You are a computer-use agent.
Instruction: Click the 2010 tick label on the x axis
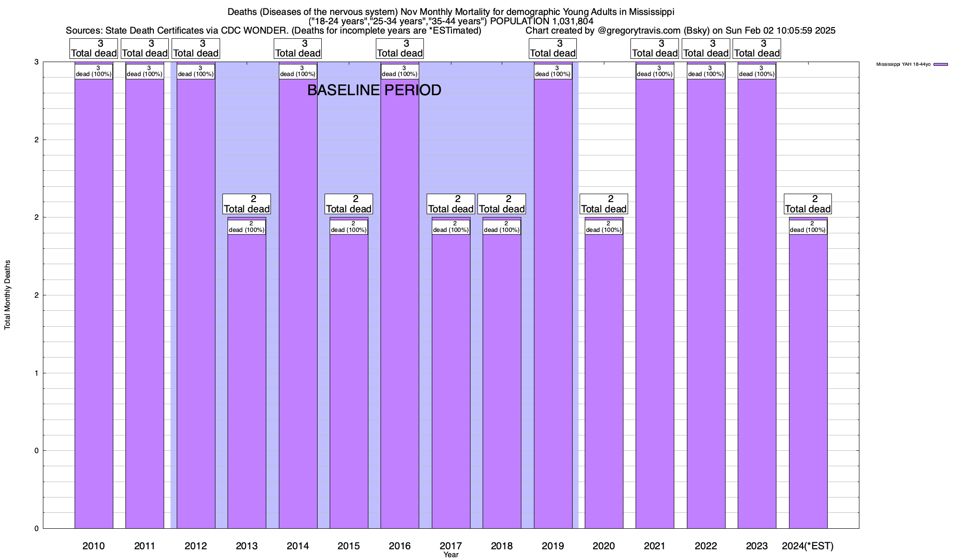point(94,546)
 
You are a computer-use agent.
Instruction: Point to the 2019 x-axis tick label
point(553,546)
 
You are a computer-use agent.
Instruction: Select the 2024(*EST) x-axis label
point(808,546)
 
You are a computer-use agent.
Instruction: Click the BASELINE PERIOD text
point(374,90)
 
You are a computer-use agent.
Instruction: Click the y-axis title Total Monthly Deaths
point(7,294)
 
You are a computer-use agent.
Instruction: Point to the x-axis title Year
point(451,555)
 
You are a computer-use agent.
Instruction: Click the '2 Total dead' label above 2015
point(349,204)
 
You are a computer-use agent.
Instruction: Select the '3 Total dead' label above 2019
point(553,49)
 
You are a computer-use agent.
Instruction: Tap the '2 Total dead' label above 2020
point(604,204)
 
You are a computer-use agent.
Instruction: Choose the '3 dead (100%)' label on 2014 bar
point(298,71)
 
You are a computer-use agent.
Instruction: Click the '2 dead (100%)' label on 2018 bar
point(502,227)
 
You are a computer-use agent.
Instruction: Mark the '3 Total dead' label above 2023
point(757,49)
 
